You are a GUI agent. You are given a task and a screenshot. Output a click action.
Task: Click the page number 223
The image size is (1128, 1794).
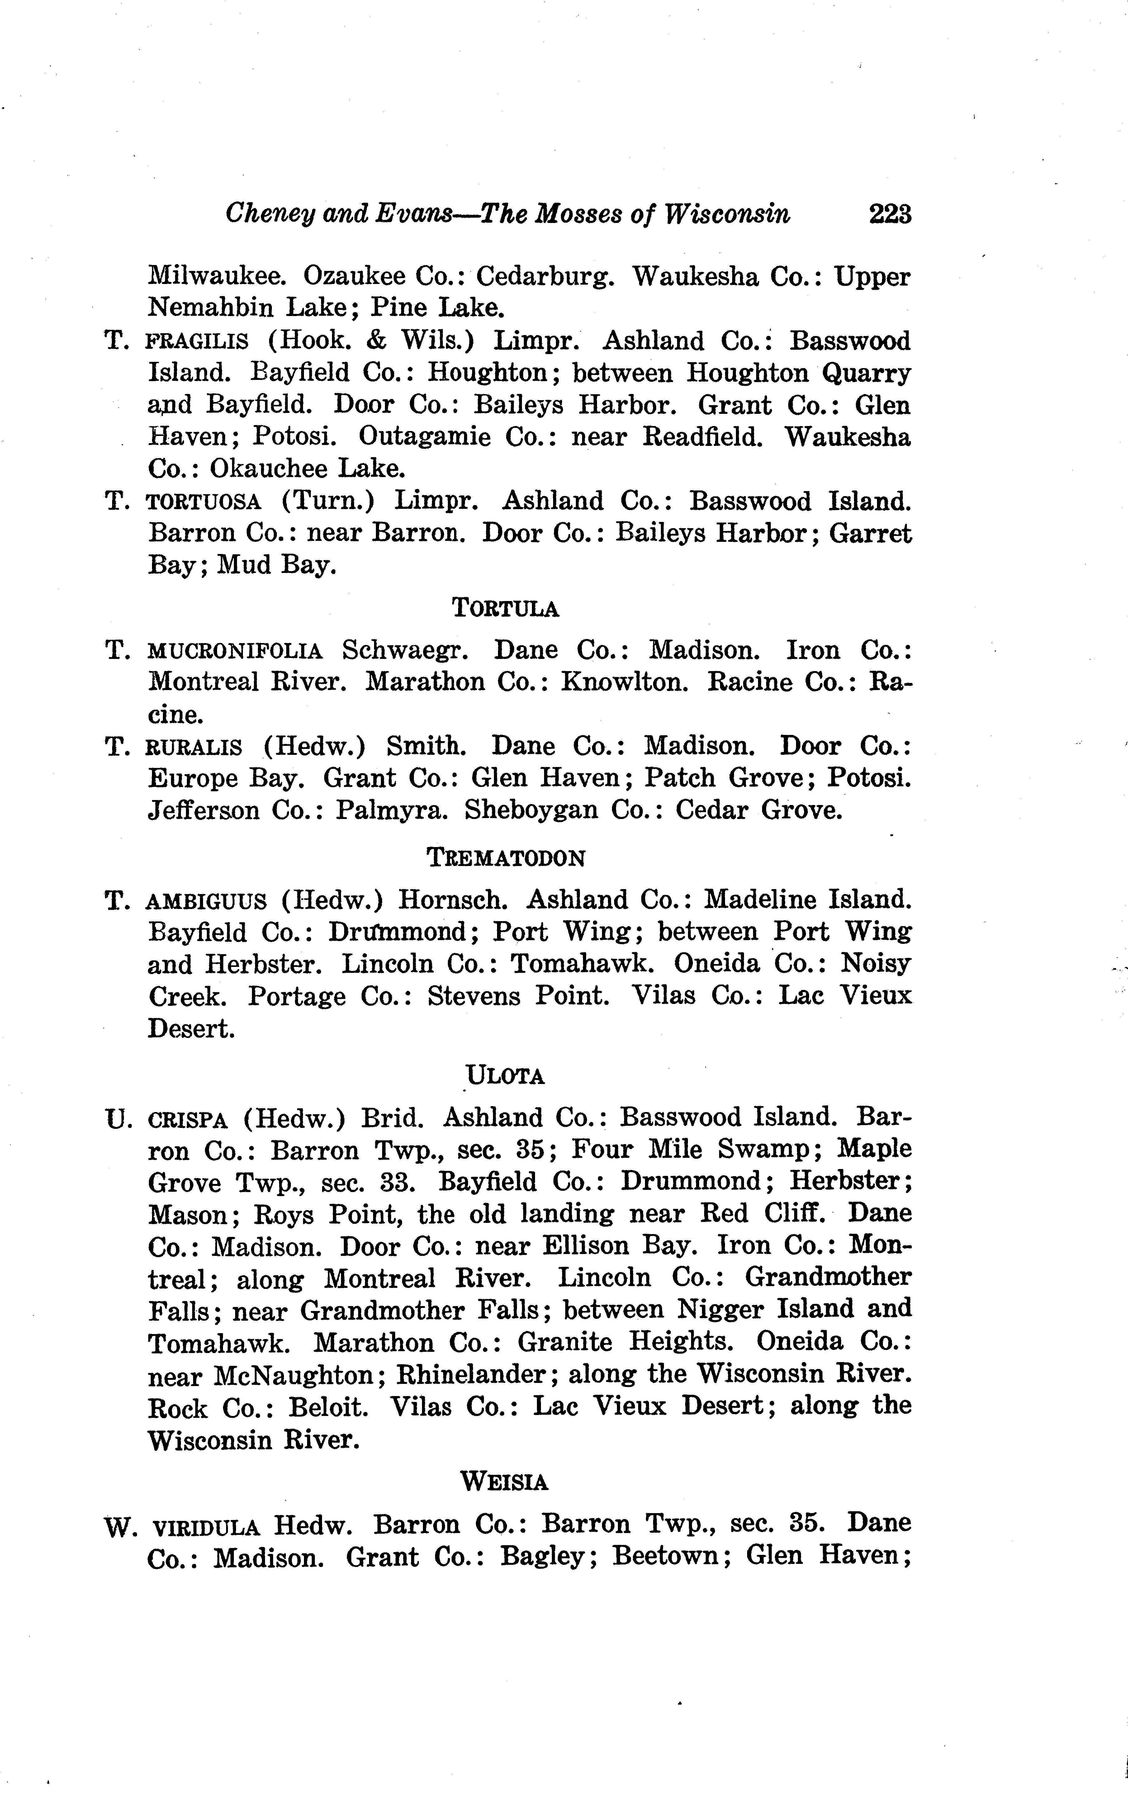click(889, 215)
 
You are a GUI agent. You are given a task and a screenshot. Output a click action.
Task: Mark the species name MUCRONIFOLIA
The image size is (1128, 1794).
click(235, 651)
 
